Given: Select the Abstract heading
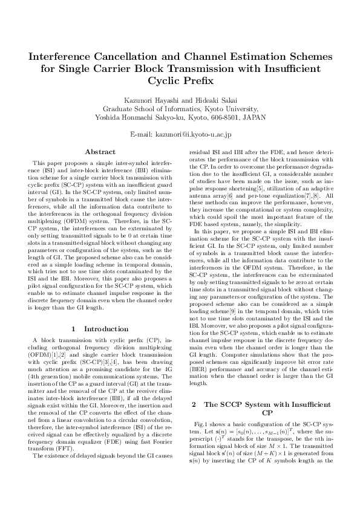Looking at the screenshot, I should [x=100, y=152].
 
